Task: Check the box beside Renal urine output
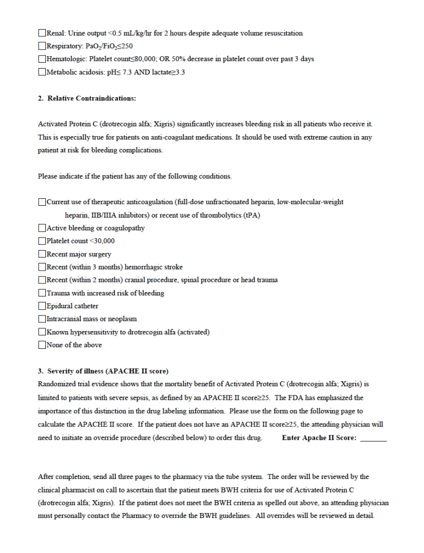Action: (42, 33)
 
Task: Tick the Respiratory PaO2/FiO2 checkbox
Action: (42, 46)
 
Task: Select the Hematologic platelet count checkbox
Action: (42, 59)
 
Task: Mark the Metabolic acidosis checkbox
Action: (42, 72)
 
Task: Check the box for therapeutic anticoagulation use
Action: (42, 203)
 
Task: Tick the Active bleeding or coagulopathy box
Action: (42, 228)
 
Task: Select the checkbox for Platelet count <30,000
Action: (42, 241)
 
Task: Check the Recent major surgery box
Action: (42, 254)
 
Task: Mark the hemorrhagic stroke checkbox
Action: (42, 267)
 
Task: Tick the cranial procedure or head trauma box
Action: (42, 280)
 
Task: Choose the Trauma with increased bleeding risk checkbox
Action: (42, 293)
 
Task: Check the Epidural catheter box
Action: (42, 306)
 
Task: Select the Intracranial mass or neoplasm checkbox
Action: (42, 319)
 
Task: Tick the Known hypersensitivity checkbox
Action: (42, 332)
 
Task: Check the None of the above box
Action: (42, 345)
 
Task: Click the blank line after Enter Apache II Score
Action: (373, 439)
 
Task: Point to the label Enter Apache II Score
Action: (319, 438)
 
